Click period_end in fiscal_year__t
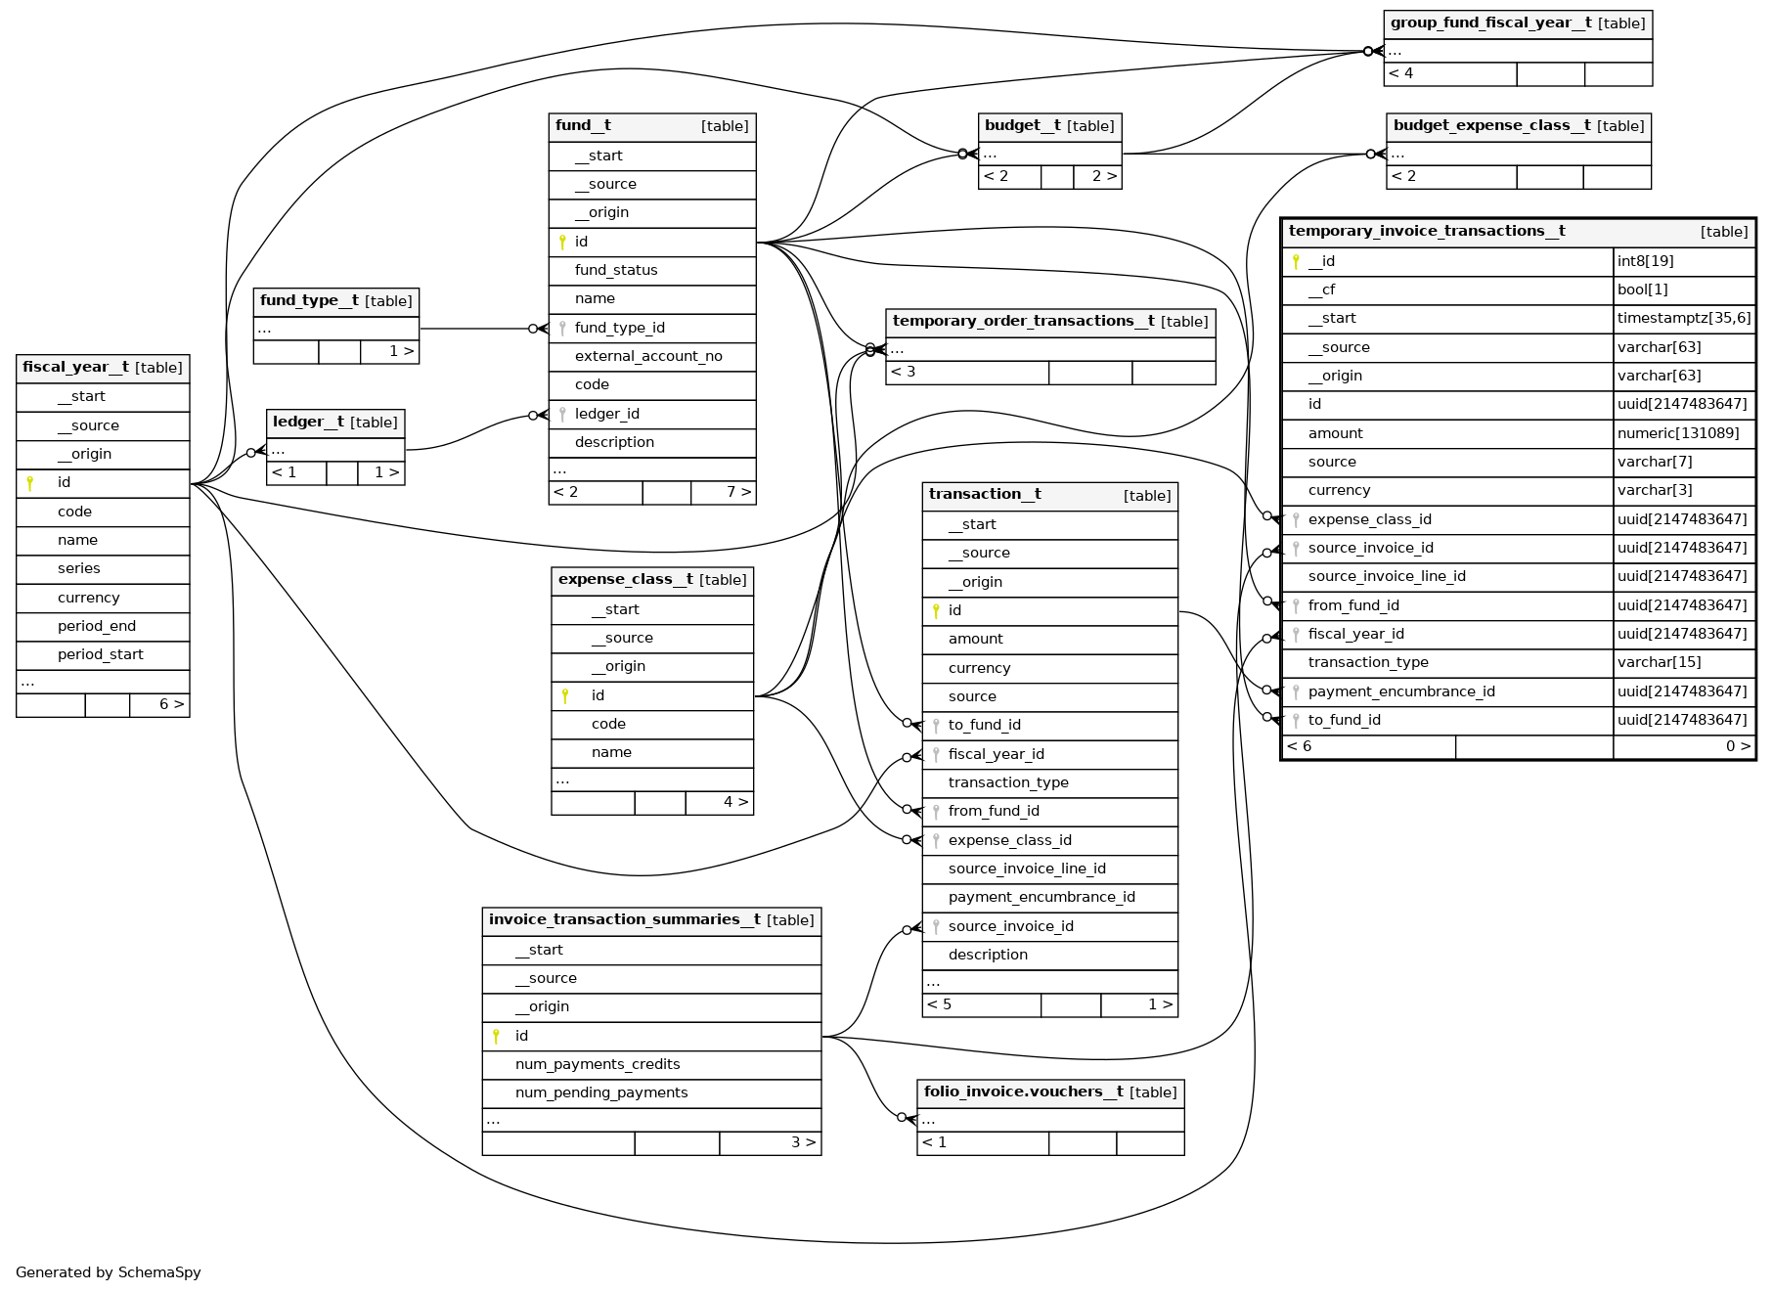(x=97, y=626)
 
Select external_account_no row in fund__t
(x=647, y=356)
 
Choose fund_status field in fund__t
(x=616, y=270)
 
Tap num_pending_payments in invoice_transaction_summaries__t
(x=600, y=1092)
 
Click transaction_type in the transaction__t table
(x=1008, y=782)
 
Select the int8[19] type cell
(x=1645, y=261)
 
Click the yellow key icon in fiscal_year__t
(x=30, y=483)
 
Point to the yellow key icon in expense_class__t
(x=565, y=695)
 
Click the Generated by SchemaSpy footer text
(x=109, y=1272)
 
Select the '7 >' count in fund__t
(x=738, y=492)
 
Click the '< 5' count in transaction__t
(x=939, y=1004)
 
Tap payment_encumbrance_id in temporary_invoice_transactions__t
(x=1400, y=691)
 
